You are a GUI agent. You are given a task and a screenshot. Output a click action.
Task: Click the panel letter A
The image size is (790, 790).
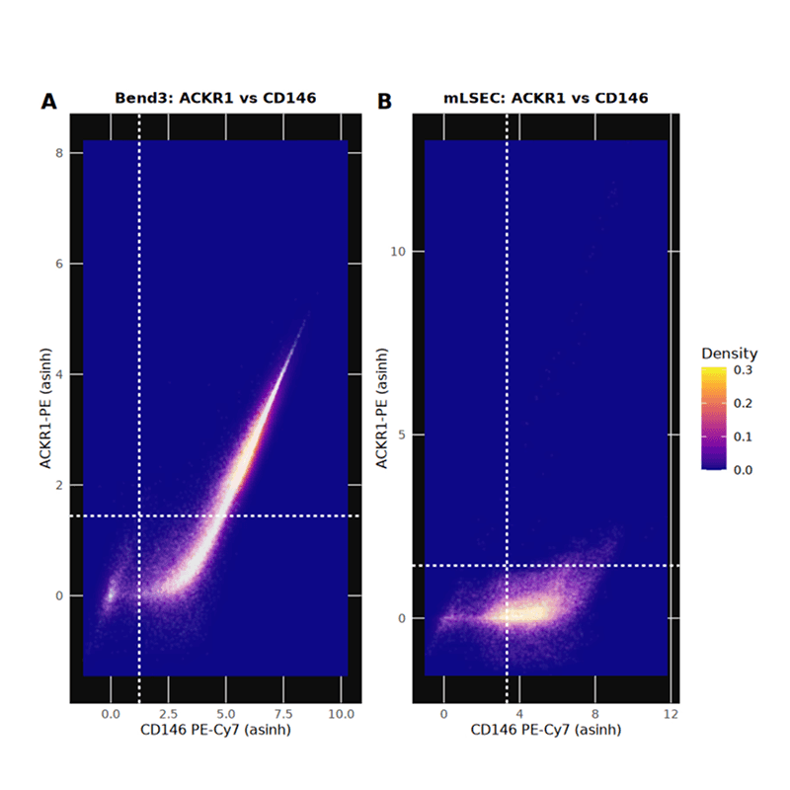click(x=48, y=101)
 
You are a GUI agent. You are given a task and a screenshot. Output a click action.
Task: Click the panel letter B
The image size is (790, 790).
click(x=385, y=101)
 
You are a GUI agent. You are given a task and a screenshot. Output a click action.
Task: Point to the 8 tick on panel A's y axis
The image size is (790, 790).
click(x=59, y=153)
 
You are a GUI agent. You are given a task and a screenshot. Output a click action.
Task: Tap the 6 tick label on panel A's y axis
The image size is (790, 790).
click(x=59, y=264)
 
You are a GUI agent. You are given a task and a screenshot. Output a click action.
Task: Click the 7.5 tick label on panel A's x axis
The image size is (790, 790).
click(x=283, y=712)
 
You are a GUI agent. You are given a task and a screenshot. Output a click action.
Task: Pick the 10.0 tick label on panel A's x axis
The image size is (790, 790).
click(x=341, y=712)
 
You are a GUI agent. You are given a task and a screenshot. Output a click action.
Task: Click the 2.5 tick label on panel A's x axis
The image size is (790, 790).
click(x=168, y=712)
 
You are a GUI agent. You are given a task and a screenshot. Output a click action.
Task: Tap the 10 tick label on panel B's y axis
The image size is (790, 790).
click(x=392, y=252)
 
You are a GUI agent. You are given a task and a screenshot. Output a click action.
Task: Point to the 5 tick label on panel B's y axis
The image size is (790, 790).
click(x=396, y=434)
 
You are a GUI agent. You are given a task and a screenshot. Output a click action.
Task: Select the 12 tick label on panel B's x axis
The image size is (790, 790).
click(x=671, y=712)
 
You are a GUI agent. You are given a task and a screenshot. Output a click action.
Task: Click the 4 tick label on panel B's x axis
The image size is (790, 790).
click(x=518, y=712)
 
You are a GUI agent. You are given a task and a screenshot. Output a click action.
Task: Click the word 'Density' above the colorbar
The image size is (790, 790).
click(x=730, y=354)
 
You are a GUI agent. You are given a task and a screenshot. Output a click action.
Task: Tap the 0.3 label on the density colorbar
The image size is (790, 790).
click(x=746, y=371)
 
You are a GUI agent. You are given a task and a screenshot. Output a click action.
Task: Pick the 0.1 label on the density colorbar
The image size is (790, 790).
click(x=746, y=436)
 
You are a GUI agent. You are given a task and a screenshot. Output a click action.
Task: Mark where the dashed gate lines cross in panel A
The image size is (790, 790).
click(x=139, y=515)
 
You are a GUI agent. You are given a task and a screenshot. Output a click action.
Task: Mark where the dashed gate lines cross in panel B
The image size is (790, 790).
click(x=508, y=566)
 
